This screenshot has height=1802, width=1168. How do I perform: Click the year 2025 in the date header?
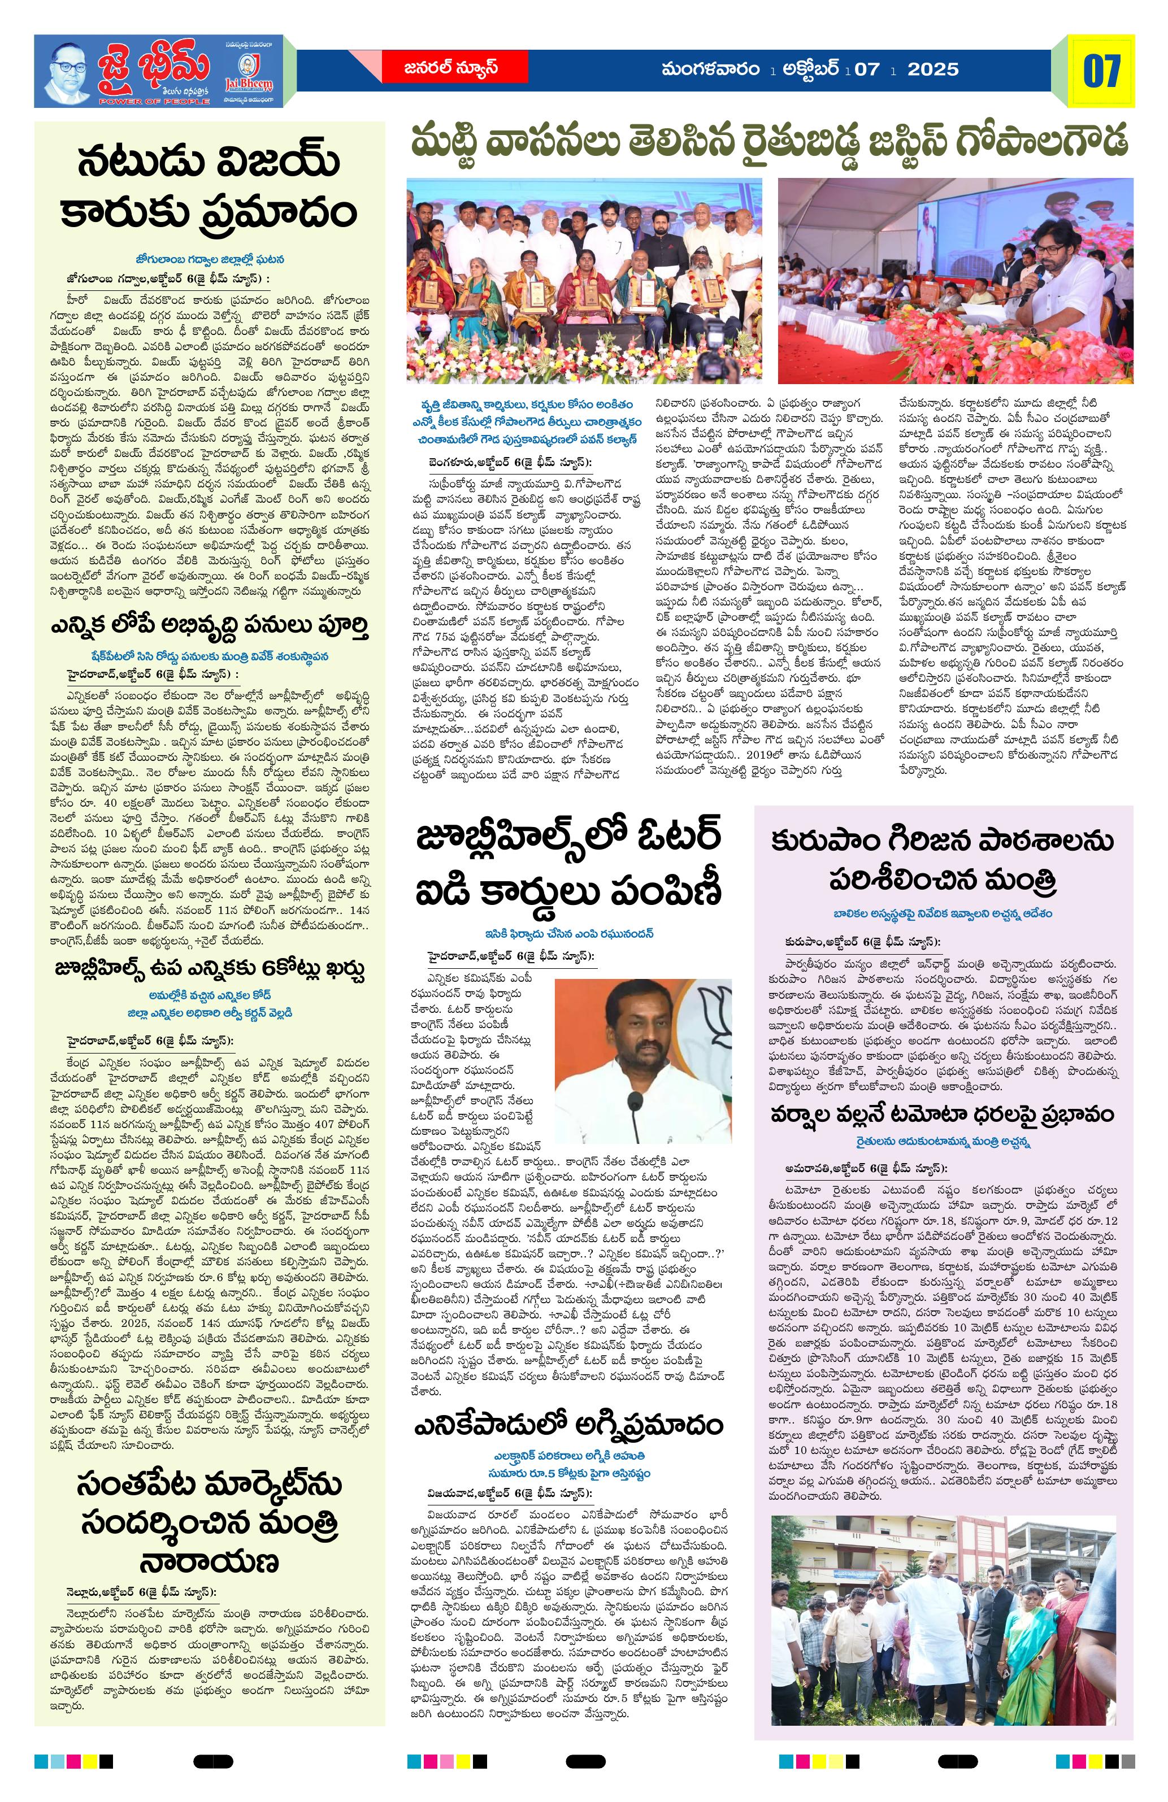click(x=933, y=69)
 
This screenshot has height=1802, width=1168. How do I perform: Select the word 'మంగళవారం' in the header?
click(x=710, y=69)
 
